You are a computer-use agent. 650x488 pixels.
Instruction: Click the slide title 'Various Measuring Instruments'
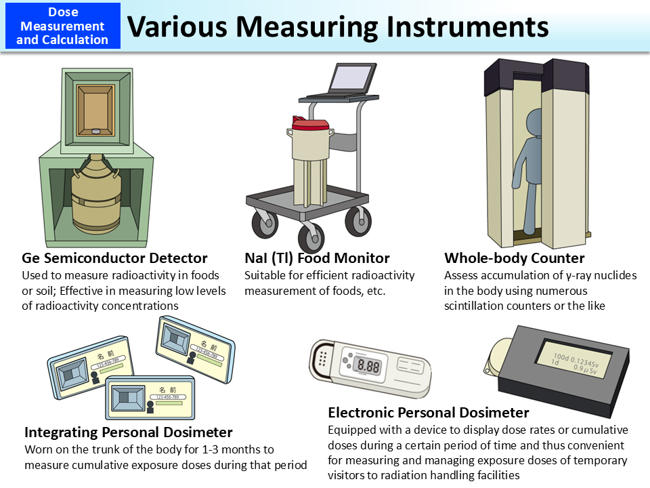coord(338,26)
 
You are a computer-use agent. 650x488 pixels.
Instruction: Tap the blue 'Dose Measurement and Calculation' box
coord(63,26)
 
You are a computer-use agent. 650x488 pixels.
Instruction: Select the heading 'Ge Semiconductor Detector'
coord(114,258)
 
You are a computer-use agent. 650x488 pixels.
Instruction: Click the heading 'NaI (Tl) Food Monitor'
coord(317,258)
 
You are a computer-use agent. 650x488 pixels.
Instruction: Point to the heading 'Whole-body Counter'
coord(515,258)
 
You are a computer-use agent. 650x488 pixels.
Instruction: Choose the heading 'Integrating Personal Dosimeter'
coord(129,432)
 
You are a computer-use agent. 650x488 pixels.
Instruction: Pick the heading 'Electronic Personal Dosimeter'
coord(429,413)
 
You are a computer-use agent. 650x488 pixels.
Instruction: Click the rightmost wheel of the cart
coord(357,222)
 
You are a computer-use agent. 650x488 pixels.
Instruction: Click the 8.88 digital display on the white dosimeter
coord(368,366)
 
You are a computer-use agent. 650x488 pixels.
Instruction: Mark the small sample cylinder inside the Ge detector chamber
coord(95,130)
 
